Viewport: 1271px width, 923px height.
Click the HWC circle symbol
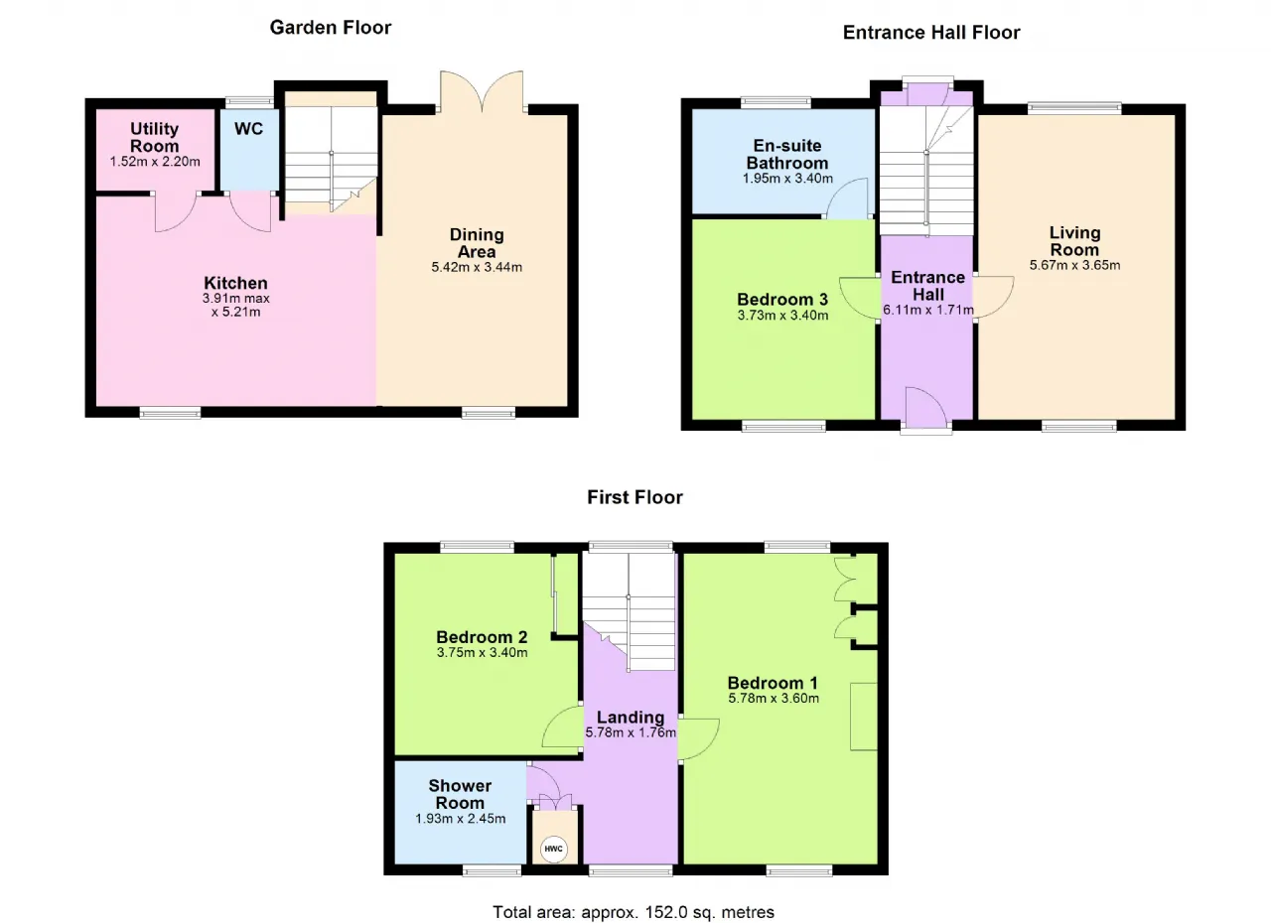pyautogui.click(x=553, y=849)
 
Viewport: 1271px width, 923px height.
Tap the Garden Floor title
pyautogui.click(x=331, y=27)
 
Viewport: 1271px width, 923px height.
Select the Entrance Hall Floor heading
pyautogui.click(x=931, y=33)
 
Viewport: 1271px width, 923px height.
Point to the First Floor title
pyautogui.click(x=635, y=497)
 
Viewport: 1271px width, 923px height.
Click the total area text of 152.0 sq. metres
pyautogui.click(x=634, y=912)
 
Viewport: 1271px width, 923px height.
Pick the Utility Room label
pyautogui.click(x=154, y=137)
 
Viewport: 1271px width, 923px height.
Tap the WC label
pyautogui.click(x=248, y=129)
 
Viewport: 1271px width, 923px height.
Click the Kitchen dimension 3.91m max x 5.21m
pyautogui.click(x=236, y=305)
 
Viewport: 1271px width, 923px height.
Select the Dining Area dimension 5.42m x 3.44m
pyautogui.click(x=477, y=267)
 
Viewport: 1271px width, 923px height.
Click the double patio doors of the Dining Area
pyautogui.click(x=482, y=89)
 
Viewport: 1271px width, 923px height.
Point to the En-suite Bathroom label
pyautogui.click(x=787, y=154)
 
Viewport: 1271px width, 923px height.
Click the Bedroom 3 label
pyautogui.click(x=782, y=300)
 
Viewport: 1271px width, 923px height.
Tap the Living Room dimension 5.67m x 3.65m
pyautogui.click(x=1074, y=265)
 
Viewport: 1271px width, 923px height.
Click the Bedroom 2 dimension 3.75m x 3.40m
pyautogui.click(x=482, y=653)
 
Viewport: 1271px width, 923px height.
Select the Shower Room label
pyautogui.click(x=460, y=794)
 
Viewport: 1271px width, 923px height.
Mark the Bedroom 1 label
pyautogui.click(x=773, y=683)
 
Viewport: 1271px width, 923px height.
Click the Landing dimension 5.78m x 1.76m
pyautogui.click(x=631, y=732)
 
